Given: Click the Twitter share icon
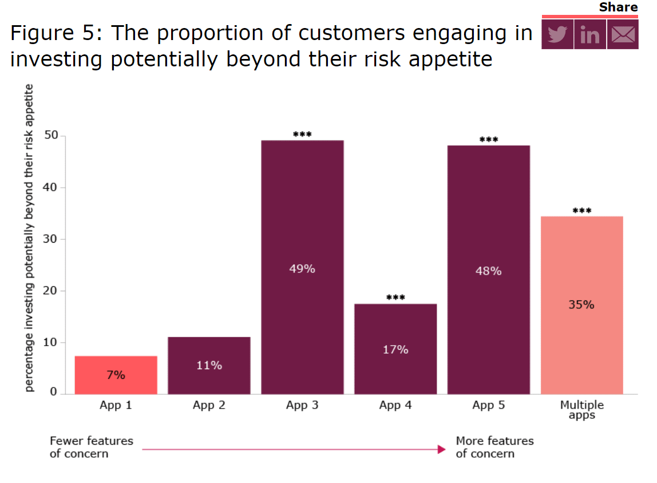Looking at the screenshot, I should pos(557,34).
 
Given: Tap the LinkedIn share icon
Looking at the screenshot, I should pos(589,34).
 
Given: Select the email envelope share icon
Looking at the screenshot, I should pos(623,34).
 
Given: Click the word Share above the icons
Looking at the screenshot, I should pos(618,7).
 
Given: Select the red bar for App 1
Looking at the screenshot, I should pos(116,375).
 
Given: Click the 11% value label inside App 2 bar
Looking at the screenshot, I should pos(209,365).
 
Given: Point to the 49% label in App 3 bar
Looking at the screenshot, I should pos(302,268).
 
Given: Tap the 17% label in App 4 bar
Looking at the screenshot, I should pos(395,349).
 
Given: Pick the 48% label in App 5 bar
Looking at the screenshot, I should pos(489,271).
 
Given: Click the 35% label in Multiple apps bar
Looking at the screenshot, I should pos(581,305).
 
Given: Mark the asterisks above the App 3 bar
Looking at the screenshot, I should pos(302,135).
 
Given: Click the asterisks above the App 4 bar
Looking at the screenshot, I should pos(395,298).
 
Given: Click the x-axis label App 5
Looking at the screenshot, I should pos(489,406).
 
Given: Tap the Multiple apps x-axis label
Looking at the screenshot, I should pos(581,410).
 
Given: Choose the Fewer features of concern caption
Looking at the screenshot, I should pos(92,448).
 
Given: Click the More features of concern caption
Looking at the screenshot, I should pos(494,448).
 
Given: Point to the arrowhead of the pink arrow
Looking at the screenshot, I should pos(441,449).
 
